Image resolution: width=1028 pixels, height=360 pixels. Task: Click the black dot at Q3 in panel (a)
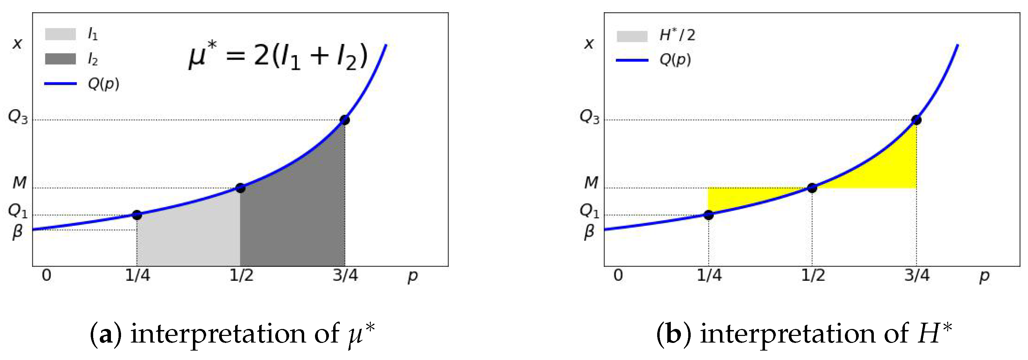345,120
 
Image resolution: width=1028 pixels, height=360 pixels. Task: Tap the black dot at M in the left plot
240,188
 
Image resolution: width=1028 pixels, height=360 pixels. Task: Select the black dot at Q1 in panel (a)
137,215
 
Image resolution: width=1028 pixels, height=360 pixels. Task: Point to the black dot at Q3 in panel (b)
917,120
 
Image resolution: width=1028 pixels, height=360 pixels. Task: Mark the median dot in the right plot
812,188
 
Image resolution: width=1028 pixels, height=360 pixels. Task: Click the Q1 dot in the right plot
708,215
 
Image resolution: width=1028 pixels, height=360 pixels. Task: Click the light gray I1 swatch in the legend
60,34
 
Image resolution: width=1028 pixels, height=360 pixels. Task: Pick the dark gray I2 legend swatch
60,59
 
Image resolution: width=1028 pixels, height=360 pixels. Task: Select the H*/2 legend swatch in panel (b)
632,36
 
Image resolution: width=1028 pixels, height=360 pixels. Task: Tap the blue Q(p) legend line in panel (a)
60,84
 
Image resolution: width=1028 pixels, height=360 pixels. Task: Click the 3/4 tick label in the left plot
345,275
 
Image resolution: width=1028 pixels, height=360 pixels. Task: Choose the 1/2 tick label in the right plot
813,275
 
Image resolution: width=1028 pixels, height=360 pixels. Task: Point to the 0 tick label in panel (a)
47,275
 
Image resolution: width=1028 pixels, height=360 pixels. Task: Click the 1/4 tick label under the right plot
709,275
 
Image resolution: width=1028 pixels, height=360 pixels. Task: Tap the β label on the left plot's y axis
17,232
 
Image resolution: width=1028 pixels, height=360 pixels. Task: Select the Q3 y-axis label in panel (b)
590,117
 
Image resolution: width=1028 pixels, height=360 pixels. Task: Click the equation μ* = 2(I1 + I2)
278,56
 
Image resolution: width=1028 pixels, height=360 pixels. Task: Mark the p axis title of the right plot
984,276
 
